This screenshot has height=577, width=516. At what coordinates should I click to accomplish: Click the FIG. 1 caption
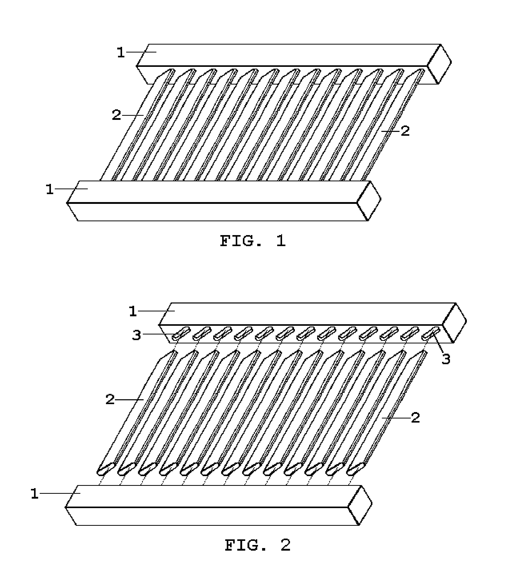tap(253, 241)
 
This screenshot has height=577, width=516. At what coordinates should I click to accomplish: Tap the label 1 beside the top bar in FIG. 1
tap(121, 53)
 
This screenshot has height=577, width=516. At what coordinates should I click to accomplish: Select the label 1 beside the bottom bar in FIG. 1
tap(50, 189)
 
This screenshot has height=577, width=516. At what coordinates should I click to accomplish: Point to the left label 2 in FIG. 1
tap(116, 116)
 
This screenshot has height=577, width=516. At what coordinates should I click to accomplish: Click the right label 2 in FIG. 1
tap(405, 131)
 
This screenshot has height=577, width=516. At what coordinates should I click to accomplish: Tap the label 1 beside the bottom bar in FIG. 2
tap(35, 494)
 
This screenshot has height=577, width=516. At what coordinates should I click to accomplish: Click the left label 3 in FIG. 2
tap(137, 335)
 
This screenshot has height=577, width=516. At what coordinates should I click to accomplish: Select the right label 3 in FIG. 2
tap(446, 359)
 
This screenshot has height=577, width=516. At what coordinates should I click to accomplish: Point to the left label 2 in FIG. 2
tap(110, 400)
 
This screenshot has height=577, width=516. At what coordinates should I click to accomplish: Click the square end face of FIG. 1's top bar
tap(439, 64)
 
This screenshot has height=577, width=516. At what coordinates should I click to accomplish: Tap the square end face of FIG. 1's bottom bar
tap(369, 201)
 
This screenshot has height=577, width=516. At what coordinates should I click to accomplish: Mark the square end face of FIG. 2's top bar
tap(455, 323)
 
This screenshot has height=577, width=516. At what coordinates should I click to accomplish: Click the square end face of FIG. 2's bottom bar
tap(360, 506)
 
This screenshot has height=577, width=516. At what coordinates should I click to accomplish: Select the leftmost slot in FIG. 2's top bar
tap(180, 334)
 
